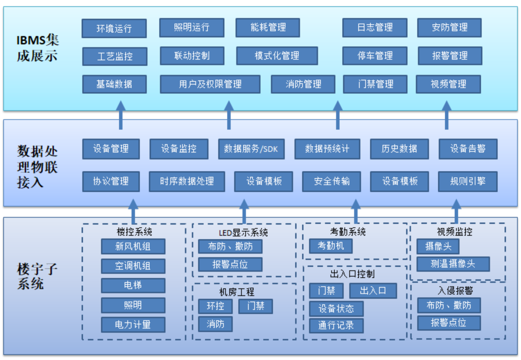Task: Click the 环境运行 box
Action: (114, 28)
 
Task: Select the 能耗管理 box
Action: (268, 28)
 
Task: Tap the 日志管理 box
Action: (374, 28)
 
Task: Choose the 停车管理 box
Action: (374, 56)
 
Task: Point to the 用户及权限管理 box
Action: (210, 84)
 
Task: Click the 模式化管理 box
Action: (276, 56)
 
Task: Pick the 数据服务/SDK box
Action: (251, 149)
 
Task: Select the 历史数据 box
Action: (399, 149)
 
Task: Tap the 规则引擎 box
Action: (467, 181)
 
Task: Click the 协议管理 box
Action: (111, 181)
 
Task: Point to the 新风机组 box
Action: (133, 246)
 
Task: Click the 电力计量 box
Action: (133, 324)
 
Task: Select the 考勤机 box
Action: (331, 246)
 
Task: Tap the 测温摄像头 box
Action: (453, 264)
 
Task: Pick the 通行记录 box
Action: (336, 325)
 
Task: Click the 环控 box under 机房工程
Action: (215, 306)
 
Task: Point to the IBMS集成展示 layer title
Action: (37, 47)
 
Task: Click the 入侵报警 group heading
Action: (455, 291)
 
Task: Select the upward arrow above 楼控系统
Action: (133, 211)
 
